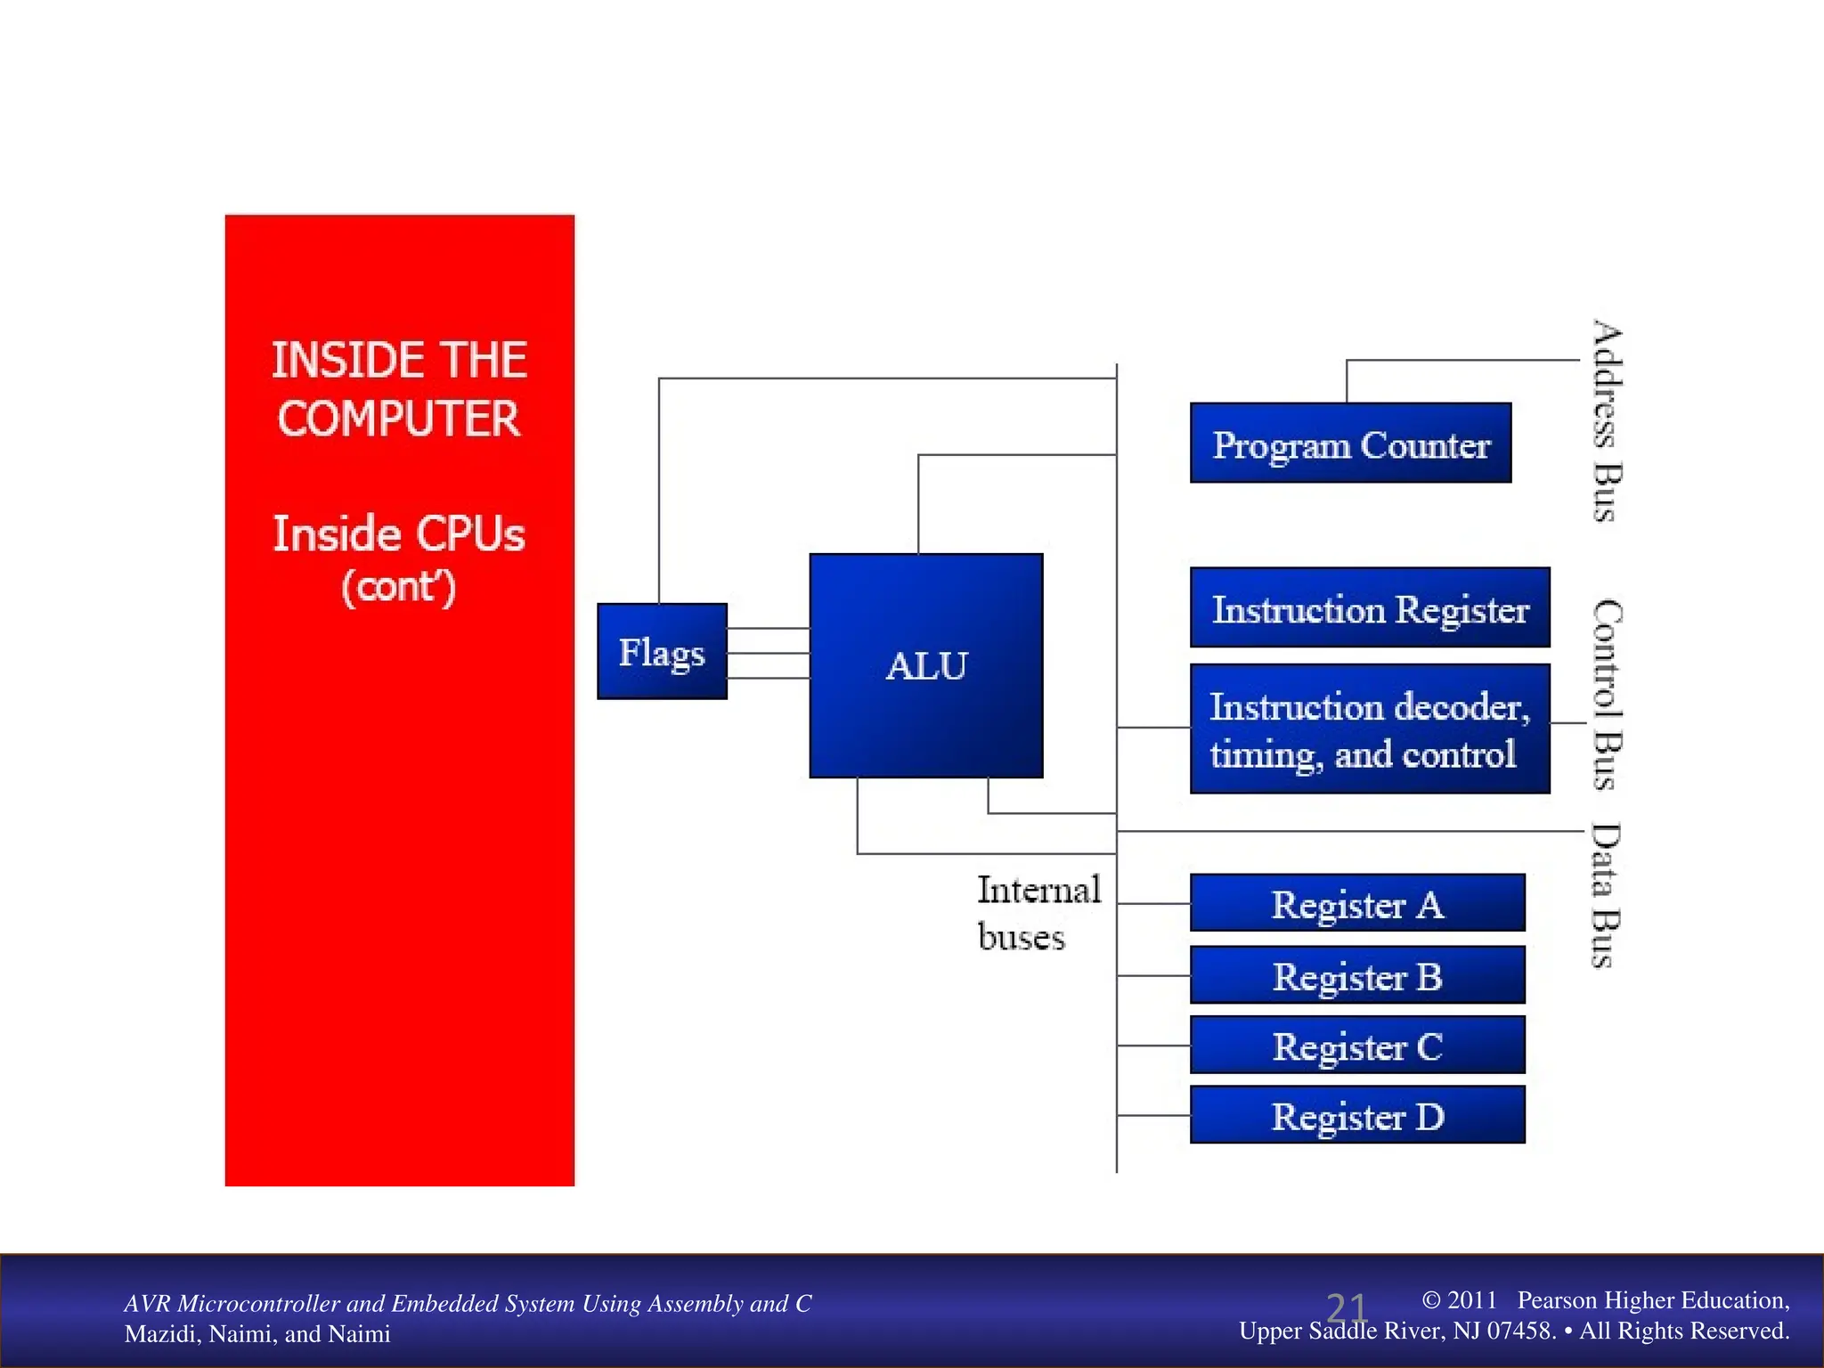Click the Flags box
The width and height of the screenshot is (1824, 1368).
point(662,651)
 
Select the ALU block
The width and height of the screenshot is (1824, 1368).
point(926,665)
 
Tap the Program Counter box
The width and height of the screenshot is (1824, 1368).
point(1350,444)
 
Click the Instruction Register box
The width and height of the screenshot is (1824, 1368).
point(1370,608)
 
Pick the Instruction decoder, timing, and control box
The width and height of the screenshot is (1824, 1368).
point(1370,729)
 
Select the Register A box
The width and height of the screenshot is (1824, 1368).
point(1357,903)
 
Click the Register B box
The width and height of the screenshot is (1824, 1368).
point(1357,975)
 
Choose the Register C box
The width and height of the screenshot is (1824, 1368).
point(1357,1045)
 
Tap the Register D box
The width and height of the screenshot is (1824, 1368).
point(1357,1115)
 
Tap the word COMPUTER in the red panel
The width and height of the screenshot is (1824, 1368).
point(398,419)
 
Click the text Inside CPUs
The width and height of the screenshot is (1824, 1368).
point(398,533)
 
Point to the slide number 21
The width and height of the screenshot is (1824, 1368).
point(1346,1307)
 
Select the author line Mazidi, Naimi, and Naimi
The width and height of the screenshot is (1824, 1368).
point(257,1334)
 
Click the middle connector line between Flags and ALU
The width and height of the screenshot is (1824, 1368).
point(768,653)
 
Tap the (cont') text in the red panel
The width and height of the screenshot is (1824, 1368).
point(398,587)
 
